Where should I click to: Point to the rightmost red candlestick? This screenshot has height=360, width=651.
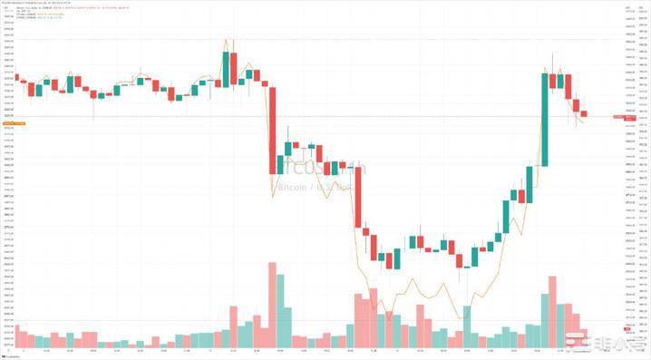point(585,113)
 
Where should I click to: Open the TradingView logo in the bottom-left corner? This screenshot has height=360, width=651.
point(9,355)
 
